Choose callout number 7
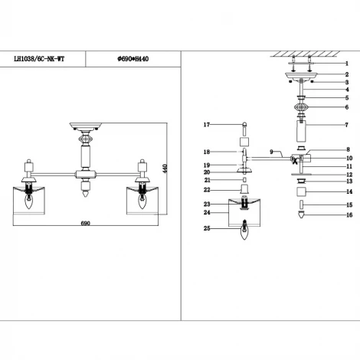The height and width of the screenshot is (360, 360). [347, 124]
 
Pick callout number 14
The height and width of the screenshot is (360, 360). [347, 191]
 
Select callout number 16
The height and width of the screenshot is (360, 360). [347, 216]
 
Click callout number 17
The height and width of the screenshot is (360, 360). [206, 124]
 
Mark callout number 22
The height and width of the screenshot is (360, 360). [206, 190]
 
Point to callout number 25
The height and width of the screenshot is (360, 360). [206, 228]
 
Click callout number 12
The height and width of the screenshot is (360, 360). [347, 174]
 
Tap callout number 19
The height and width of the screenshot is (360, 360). [206, 165]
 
